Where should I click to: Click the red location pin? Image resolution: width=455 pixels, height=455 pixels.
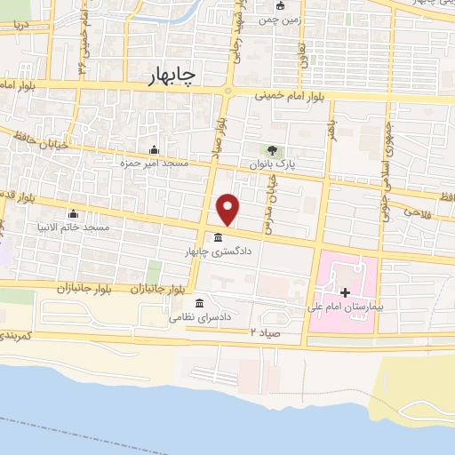point(229,209)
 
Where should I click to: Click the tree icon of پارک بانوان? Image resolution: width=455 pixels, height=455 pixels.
point(273,148)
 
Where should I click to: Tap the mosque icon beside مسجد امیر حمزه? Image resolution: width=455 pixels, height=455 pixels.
point(155,148)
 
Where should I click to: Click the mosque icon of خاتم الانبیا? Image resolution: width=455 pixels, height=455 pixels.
point(73,213)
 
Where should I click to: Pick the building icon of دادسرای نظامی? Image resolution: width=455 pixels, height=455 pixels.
point(201,302)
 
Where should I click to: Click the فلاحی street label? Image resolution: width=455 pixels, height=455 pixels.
point(415,212)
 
